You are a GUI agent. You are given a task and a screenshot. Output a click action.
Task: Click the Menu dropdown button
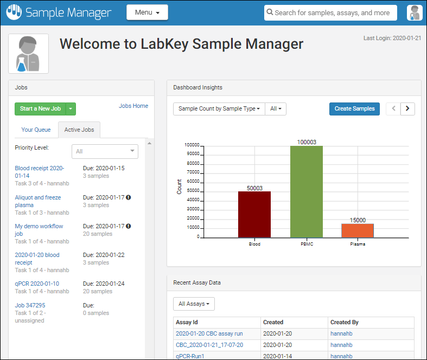147,12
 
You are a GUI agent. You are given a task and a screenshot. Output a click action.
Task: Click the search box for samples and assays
331,12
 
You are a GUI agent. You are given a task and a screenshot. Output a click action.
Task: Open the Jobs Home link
133,106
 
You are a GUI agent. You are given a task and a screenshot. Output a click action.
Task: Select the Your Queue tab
36,130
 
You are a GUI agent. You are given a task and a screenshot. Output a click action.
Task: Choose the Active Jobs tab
79,130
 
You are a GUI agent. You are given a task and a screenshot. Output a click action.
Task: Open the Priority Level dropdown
105,151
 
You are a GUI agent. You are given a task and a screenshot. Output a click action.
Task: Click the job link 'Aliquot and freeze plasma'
38,201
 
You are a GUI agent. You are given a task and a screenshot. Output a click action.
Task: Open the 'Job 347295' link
30,305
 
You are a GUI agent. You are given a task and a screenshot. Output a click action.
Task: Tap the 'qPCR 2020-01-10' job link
37,284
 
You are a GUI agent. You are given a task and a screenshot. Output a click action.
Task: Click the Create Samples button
354,108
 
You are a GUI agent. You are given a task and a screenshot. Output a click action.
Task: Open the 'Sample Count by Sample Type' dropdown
219,108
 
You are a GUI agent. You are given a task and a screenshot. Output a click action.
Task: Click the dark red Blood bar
254,214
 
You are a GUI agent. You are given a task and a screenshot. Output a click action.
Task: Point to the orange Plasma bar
358,230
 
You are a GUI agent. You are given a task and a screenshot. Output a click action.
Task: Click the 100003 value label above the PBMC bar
307,142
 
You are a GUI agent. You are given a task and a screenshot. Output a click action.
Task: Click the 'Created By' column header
345,322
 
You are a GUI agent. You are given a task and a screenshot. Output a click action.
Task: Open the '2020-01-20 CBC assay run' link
209,333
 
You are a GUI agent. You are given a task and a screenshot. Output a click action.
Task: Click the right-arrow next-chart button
407,108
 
